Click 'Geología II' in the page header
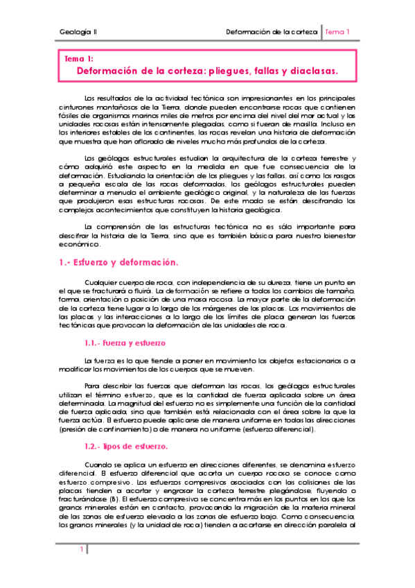78,32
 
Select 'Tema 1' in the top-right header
337,32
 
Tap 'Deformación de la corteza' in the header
272,32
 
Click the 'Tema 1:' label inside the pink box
78,60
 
